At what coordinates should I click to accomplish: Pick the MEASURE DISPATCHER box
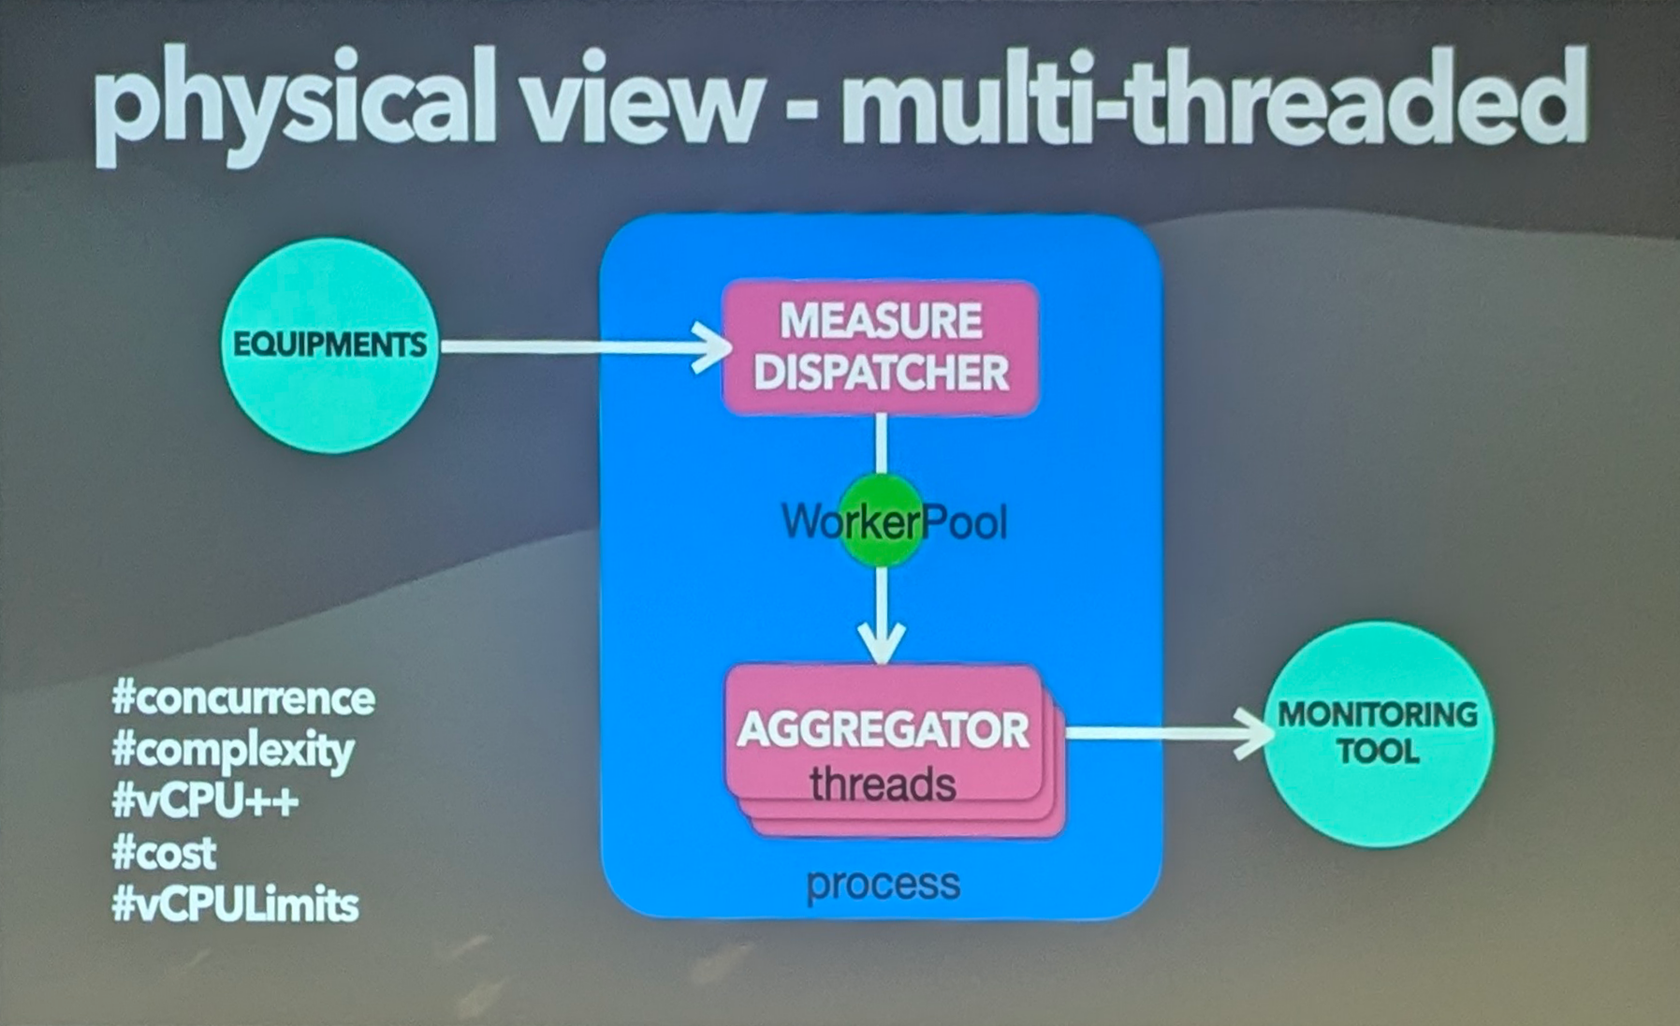click(x=881, y=346)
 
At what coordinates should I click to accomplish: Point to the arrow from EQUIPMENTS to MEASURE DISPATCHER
click(x=580, y=347)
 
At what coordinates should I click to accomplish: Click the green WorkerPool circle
click(x=881, y=520)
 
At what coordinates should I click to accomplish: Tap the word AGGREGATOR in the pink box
click(x=883, y=730)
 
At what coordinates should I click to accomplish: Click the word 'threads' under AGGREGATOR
click(x=883, y=784)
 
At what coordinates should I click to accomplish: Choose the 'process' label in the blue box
click(x=883, y=884)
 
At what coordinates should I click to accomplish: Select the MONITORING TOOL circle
click(x=1378, y=733)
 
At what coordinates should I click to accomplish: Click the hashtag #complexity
click(x=233, y=751)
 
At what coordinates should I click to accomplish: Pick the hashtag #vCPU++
click(x=205, y=801)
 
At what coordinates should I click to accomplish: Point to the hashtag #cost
click(x=164, y=853)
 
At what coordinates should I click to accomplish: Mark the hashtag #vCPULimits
click(x=235, y=904)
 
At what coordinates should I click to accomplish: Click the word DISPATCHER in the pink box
click(x=881, y=373)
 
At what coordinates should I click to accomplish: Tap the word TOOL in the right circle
click(x=1378, y=752)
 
